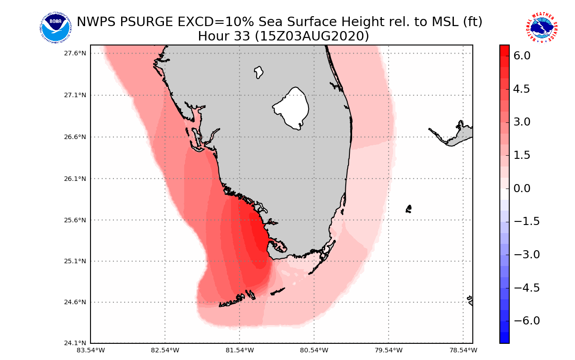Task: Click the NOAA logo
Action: [x=55, y=28]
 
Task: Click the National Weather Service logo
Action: [x=541, y=28]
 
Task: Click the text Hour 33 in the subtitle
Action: [x=223, y=36]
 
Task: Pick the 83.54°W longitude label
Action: [x=91, y=350]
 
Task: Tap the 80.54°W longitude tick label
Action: [x=314, y=350]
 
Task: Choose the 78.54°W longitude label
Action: [x=463, y=350]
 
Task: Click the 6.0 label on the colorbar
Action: [x=521, y=56]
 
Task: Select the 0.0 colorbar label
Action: [x=521, y=189]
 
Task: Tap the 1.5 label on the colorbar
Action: [x=521, y=155]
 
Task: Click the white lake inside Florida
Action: [x=292, y=108]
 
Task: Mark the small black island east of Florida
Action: [x=408, y=209]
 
